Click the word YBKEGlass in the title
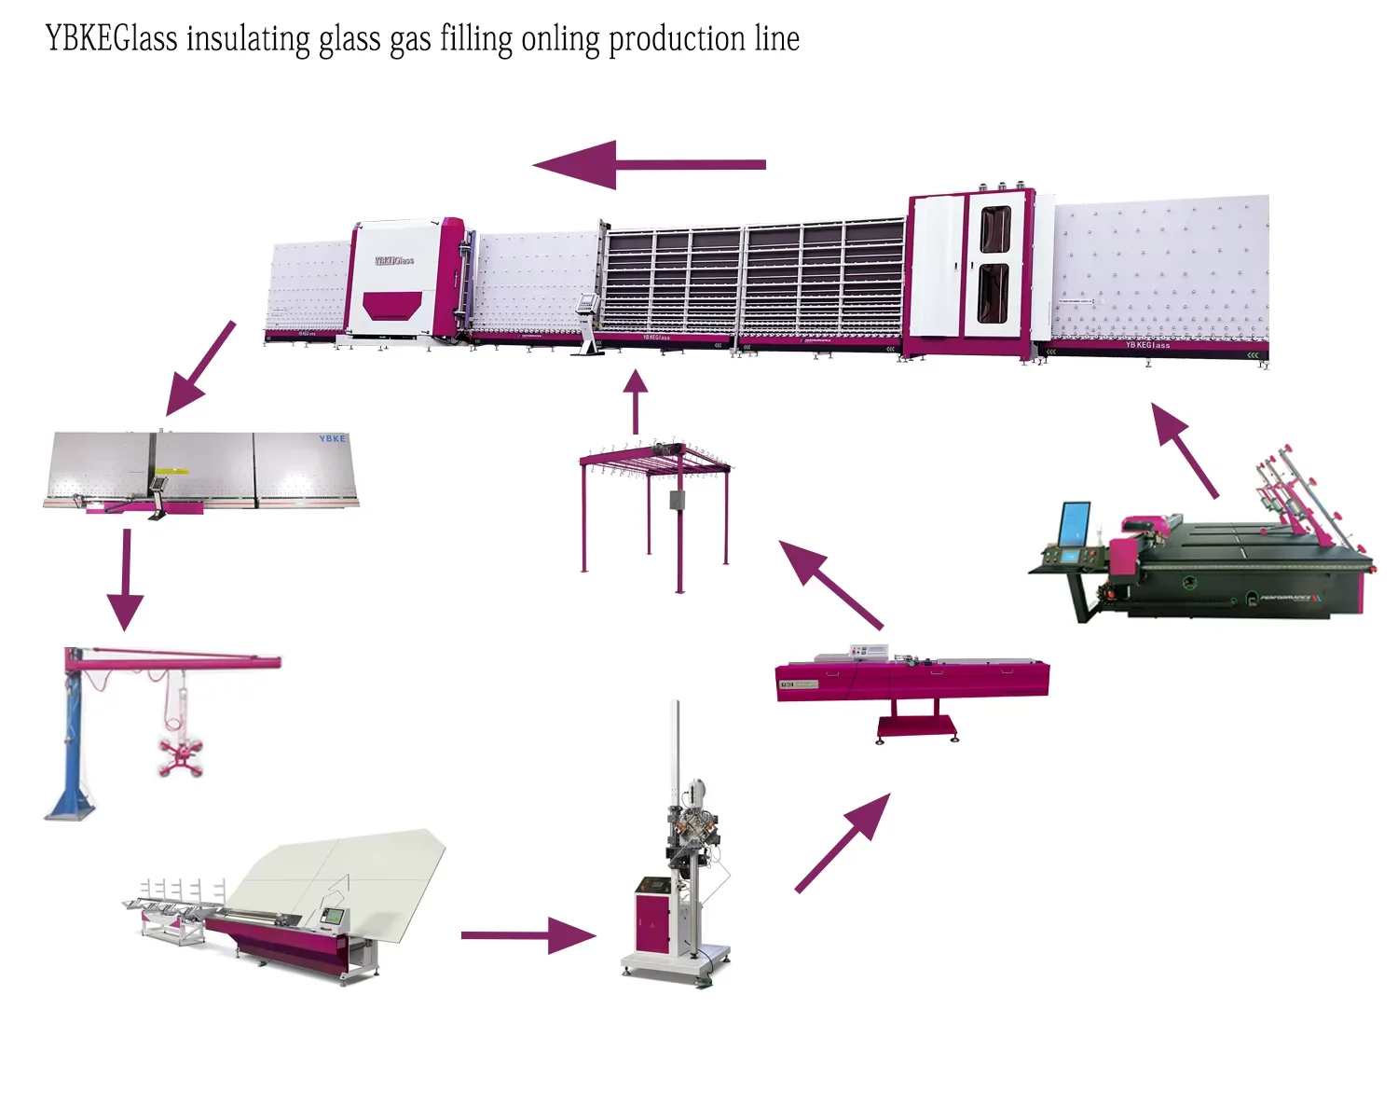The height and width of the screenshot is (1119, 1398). coord(111,39)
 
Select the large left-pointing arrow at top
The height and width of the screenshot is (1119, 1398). coord(648,165)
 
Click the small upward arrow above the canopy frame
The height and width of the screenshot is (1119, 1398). coord(636,401)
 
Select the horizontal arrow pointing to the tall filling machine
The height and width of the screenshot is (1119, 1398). coord(528,935)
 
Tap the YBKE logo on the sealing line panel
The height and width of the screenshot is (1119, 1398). coord(332,439)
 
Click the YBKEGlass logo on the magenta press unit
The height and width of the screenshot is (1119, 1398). coord(393,260)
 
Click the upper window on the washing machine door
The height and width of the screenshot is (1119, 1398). coord(994,229)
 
